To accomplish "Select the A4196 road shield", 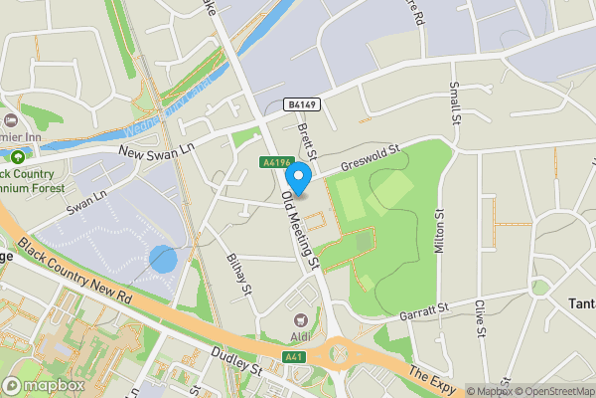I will [x=276, y=162].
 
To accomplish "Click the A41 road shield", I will [x=293, y=356].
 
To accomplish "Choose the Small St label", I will [x=456, y=103].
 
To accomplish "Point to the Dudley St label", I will [x=236, y=362].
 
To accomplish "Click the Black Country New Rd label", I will [x=74, y=266].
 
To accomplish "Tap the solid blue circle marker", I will [x=163, y=261].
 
